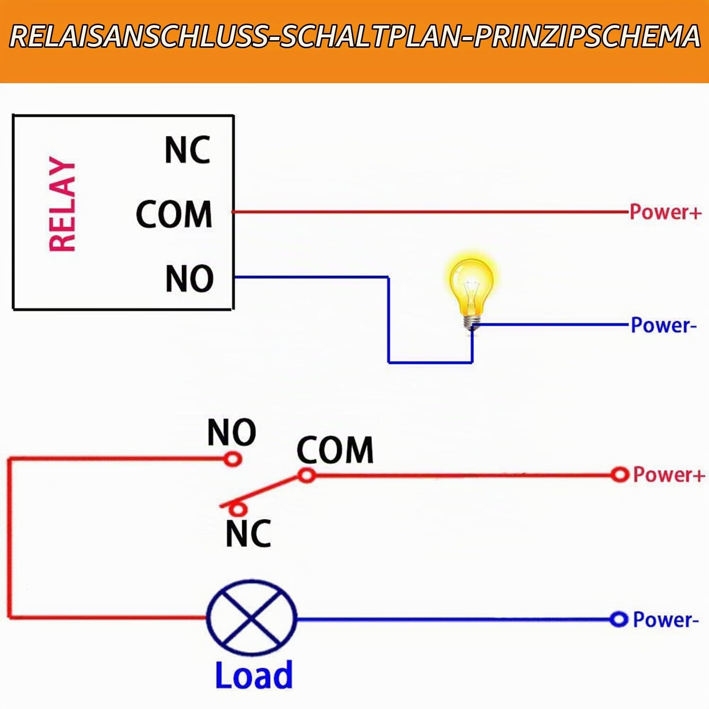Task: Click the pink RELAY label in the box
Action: [x=62, y=204]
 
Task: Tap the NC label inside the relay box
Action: [x=188, y=150]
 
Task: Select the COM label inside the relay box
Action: [x=174, y=214]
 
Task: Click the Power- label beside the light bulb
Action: [x=664, y=325]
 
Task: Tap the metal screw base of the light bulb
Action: [x=472, y=323]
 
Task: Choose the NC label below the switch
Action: [x=248, y=533]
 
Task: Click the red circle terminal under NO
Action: [x=233, y=458]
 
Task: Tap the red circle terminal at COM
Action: [x=307, y=475]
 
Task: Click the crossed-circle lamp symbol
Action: [x=252, y=617]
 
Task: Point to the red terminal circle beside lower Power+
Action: [x=619, y=474]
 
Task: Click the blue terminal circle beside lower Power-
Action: [x=618, y=619]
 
